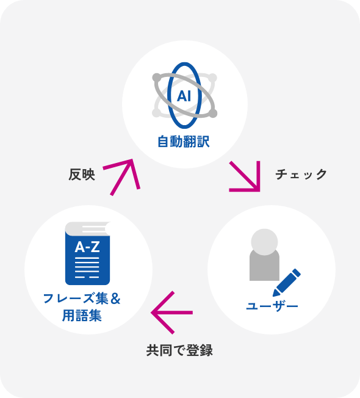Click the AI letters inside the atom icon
pyautogui.click(x=184, y=96)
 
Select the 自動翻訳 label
pyautogui.click(x=184, y=142)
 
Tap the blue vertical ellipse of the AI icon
pyautogui.click(x=169, y=95)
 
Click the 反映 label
pyautogui.click(x=82, y=175)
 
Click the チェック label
pyautogui.click(x=301, y=175)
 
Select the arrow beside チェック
pyautogui.click(x=245, y=176)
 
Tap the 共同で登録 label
pyautogui.click(x=179, y=350)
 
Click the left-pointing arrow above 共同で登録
pyautogui.click(x=171, y=313)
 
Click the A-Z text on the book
pyautogui.click(x=87, y=247)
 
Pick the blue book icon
pyautogui.click(x=87, y=253)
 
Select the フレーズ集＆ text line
pyautogui.click(x=82, y=298)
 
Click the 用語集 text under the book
pyautogui.click(x=82, y=316)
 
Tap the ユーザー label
pyautogui.click(x=272, y=306)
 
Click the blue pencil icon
pyautogui.click(x=287, y=282)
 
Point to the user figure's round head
pyautogui.click(x=264, y=242)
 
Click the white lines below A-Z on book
pyautogui.click(x=87, y=267)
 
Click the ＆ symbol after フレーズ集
pyautogui.click(x=116, y=298)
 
